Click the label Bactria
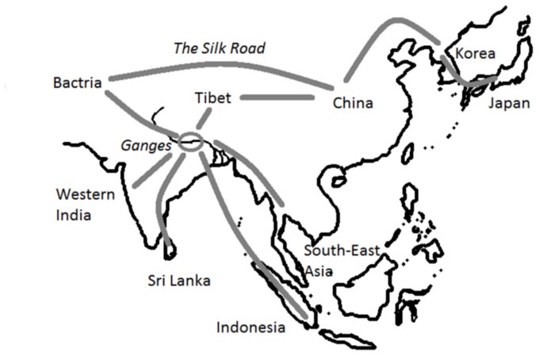point(77,82)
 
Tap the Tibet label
point(212,98)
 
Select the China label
point(354,103)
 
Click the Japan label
point(508,104)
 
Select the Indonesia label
point(250,327)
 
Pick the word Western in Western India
point(85,195)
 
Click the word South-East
point(343,252)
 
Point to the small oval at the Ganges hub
point(192,143)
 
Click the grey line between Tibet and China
point(277,98)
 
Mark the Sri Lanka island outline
point(168,249)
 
